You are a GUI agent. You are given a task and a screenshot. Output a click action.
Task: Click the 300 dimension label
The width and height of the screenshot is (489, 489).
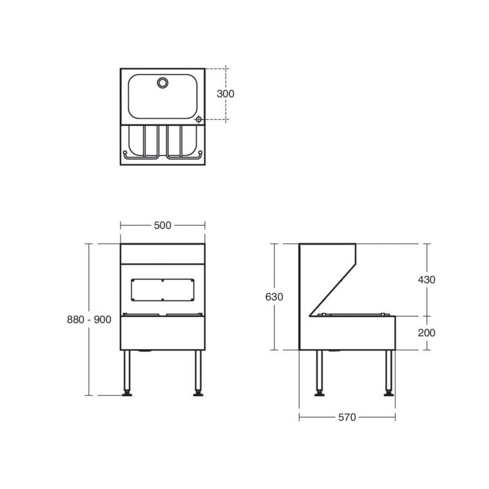(225, 94)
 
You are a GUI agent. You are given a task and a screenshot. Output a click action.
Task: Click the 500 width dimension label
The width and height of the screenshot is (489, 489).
(162, 225)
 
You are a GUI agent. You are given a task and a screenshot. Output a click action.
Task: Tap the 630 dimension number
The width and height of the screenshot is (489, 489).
(274, 297)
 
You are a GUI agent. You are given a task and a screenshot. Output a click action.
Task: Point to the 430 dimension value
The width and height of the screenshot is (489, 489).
(426, 280)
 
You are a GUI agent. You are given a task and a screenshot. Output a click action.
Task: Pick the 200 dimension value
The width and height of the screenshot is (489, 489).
(426, 332)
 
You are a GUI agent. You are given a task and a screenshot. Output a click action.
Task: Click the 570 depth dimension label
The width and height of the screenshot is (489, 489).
(346, 417)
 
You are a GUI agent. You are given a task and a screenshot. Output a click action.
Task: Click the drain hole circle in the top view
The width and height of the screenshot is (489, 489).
(163, 82)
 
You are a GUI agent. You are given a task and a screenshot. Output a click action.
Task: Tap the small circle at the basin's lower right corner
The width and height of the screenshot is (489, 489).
(198, 120)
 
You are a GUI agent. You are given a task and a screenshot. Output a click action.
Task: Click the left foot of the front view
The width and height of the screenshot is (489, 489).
(127, 394)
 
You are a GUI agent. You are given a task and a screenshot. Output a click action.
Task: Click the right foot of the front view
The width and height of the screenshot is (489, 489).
(198, 394)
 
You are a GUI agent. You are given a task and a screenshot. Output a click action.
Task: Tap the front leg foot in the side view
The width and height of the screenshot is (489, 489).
(388, 394)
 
